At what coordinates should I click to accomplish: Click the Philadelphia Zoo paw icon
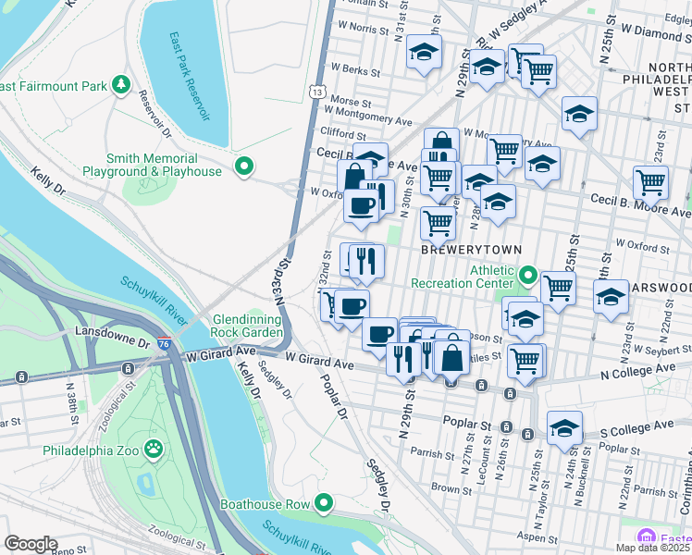pos(154,451)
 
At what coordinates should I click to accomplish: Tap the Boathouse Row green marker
pos(323,504)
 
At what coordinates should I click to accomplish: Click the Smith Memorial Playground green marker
pos(243,167)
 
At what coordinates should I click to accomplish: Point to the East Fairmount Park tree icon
pos(120,86)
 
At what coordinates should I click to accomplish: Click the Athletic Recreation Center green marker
pos(527,276)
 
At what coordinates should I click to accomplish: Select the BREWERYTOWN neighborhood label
pos(472,251)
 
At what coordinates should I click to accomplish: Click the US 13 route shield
pos(317,92)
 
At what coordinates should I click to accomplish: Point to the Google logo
pos(31,544)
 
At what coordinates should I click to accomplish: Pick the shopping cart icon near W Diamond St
pos(538,69)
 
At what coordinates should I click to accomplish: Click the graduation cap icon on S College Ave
pos(564,427)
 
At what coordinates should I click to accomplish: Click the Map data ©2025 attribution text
pos(652,548)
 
